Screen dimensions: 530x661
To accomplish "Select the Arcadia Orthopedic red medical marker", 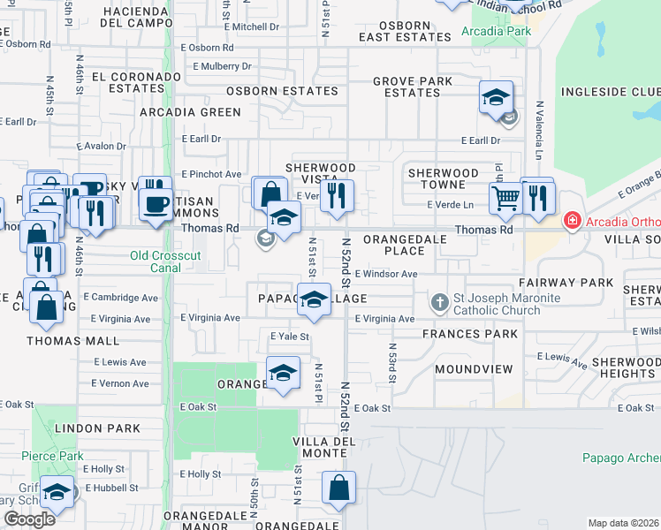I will pos(572,220).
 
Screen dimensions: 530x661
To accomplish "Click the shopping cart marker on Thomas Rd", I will pos(505,199).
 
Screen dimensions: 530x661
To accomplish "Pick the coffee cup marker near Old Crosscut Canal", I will pos(156,204).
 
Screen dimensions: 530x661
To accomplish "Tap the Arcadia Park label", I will pos(496,32).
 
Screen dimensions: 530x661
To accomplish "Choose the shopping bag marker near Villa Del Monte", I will pos(338,488).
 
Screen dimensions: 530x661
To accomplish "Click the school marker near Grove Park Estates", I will pos(497,97).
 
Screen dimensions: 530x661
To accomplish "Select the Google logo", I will pos(29,519).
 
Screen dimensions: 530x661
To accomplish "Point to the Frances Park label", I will pos(469,334).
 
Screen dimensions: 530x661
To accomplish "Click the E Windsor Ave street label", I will pos(385,274).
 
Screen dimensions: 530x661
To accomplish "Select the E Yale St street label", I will pos(289,337).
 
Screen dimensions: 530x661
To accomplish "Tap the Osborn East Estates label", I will pos(405,32).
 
